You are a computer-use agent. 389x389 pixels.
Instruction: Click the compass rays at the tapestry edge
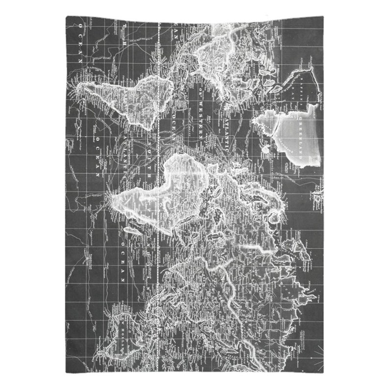pos(319,353)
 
